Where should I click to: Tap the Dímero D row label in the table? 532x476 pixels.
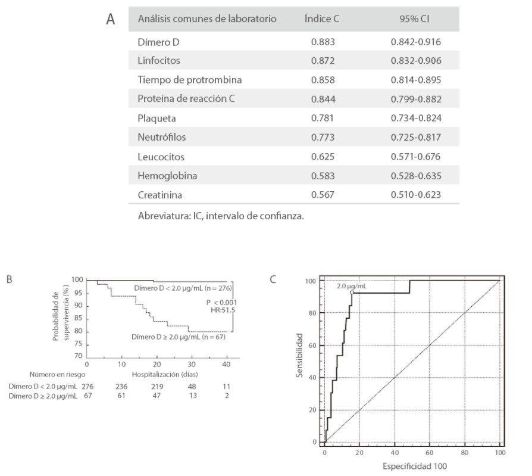coord(158,42)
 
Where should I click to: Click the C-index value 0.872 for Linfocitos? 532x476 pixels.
coord(323,61)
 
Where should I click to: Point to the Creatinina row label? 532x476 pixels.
coord(159,194)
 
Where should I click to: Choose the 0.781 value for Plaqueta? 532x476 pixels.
coord(323,118)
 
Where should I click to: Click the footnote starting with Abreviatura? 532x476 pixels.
coord(221,216)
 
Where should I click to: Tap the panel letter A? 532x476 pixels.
coord(110,20)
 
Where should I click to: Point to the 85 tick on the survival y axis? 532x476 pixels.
coord(78,319)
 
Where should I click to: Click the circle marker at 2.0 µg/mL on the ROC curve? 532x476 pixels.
coord(352,293)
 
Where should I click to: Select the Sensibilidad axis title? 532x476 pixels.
coord(303,357)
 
